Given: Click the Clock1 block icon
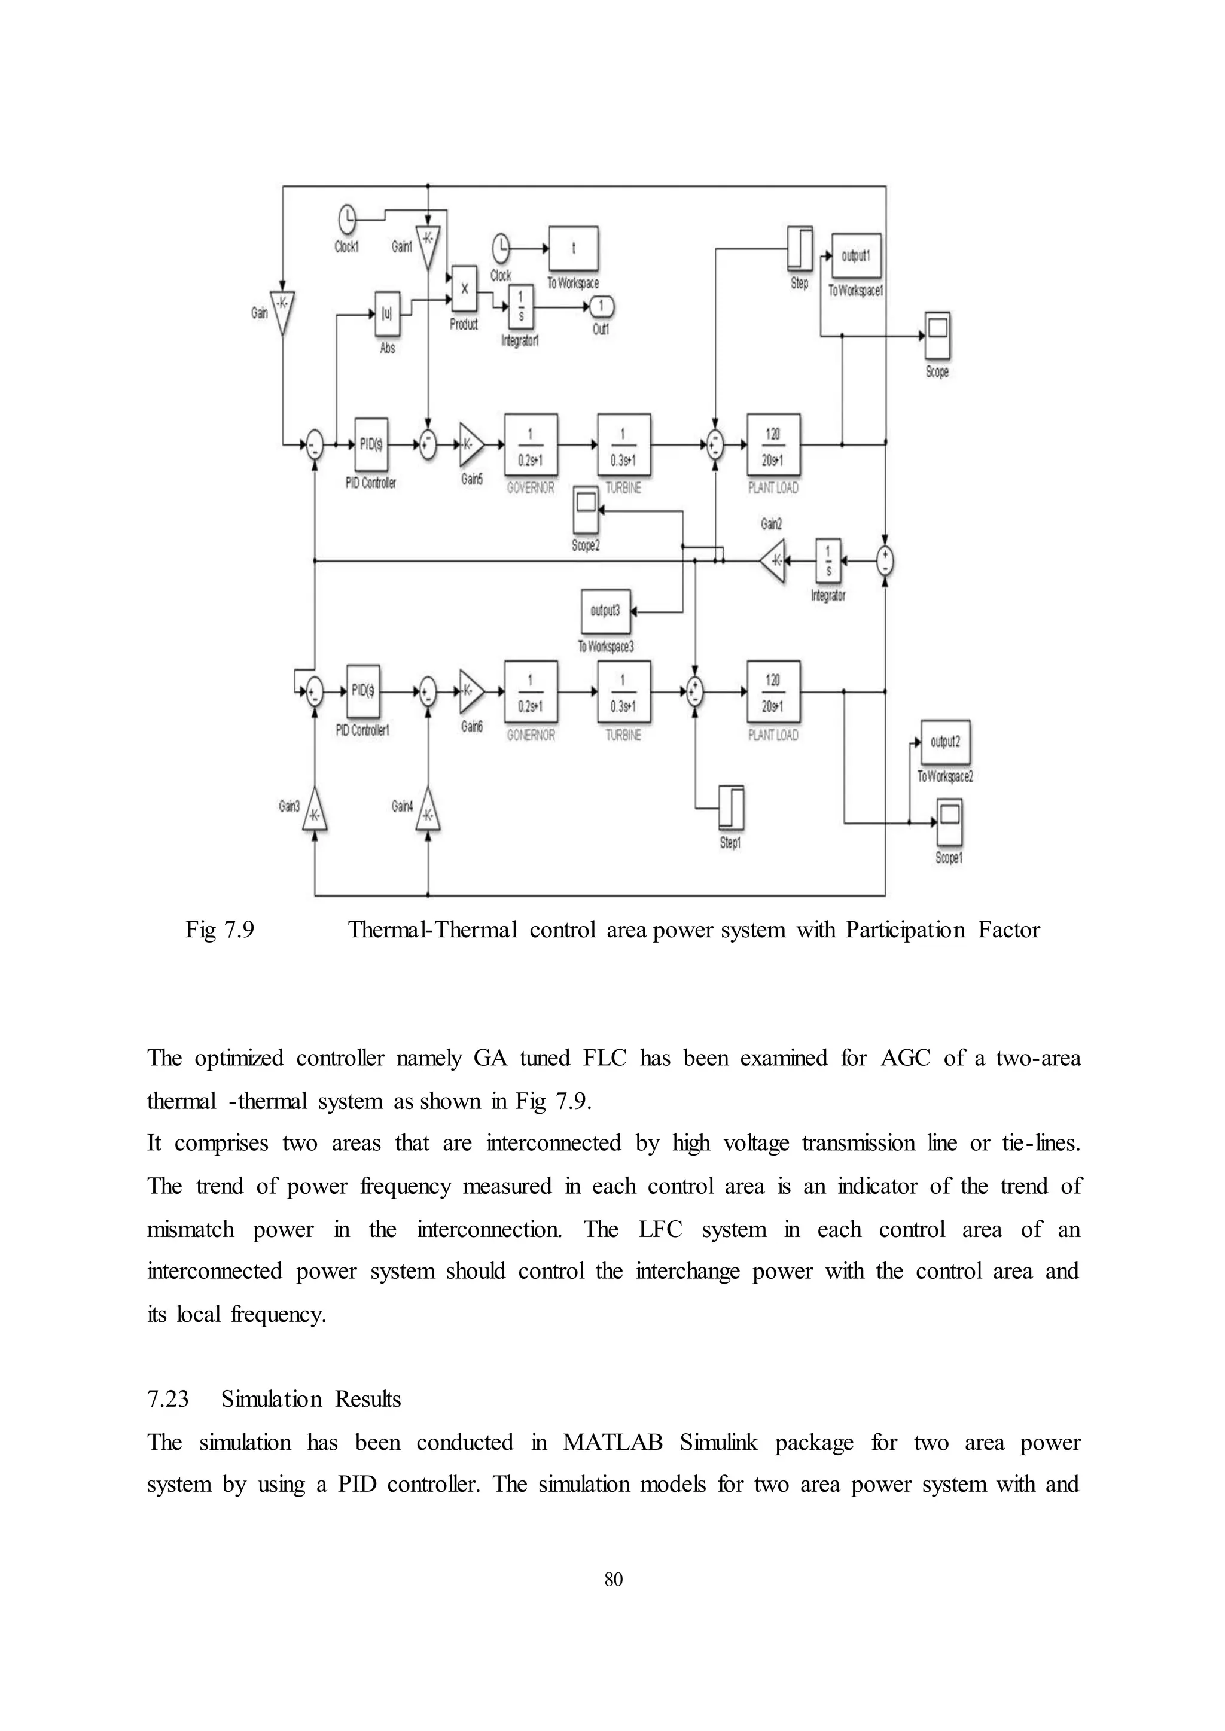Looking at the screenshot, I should click(347, 220).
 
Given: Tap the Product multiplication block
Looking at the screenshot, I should click(464, 289).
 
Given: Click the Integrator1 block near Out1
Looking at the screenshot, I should click(520, 307).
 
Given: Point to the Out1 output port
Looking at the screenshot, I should click(601, 307).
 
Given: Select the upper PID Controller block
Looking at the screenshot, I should click(371, 445).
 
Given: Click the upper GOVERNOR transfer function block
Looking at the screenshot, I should click(531, 445).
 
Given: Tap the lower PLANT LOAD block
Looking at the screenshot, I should click(773, 691).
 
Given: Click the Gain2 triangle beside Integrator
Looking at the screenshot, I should click(774, 560).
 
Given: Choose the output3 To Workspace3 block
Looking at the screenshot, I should click(606, 611).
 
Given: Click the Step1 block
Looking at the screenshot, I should click(730, 808).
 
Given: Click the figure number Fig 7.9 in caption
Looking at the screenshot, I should click(220, 930).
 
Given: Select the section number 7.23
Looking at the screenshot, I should click(167, 1399).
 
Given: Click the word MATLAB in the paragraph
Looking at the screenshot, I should click(612, 1442).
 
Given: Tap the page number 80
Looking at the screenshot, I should click(613, 1578).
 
